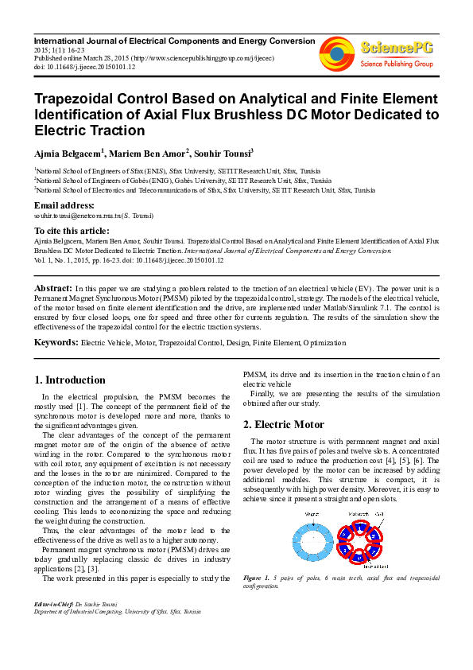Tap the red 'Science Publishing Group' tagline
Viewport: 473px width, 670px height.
396,63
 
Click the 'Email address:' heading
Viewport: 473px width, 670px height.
62,205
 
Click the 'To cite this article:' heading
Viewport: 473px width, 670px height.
72,229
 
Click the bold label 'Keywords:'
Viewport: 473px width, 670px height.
56,342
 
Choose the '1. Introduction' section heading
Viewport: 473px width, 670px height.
71,380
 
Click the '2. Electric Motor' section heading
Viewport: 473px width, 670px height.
283,425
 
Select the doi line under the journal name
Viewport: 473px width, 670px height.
84,67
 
